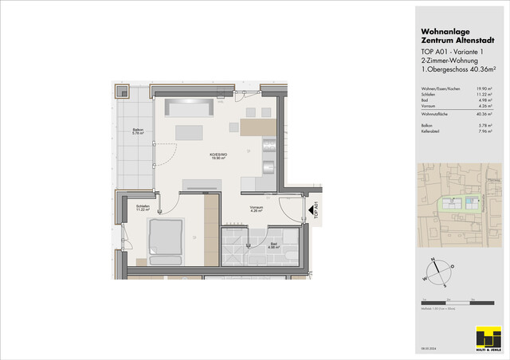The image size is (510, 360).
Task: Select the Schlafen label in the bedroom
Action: [144, 208]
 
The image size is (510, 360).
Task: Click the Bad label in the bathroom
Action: [273, 245]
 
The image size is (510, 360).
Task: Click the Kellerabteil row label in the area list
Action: [433, 131]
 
